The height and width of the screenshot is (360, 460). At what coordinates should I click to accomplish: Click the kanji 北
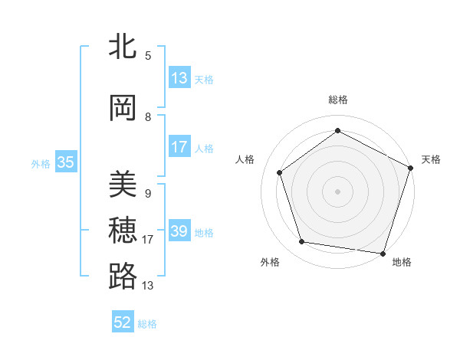[123, 47]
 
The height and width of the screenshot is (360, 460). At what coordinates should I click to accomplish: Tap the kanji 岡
[123, 109]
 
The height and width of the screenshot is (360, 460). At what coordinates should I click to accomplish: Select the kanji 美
[123, 185]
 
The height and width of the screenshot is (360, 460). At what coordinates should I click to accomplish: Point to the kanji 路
[123, 277]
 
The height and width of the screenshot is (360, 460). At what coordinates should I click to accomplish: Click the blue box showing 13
[179, 78]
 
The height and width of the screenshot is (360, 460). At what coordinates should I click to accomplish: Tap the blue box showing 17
[179, 147]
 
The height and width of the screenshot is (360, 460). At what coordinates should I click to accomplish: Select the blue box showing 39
[179, 231]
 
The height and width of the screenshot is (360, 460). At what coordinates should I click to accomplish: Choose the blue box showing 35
[66, 162]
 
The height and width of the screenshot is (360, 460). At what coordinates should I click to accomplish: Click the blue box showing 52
[123, 322]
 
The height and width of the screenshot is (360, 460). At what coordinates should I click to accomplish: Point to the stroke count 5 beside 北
[148, 56]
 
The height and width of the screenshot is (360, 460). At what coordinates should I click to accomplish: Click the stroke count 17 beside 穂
[148, 240]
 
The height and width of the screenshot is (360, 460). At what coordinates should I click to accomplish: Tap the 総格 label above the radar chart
[337, 100]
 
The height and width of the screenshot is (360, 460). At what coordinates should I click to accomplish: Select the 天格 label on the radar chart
[431, 159]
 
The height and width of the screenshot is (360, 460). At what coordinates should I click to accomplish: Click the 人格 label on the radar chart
[245, 159]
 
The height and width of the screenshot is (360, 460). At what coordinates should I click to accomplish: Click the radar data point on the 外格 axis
[302, 242]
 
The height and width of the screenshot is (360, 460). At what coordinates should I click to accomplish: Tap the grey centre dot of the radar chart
[337, 191]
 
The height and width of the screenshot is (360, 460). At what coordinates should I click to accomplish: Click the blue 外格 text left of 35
[41, 163]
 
